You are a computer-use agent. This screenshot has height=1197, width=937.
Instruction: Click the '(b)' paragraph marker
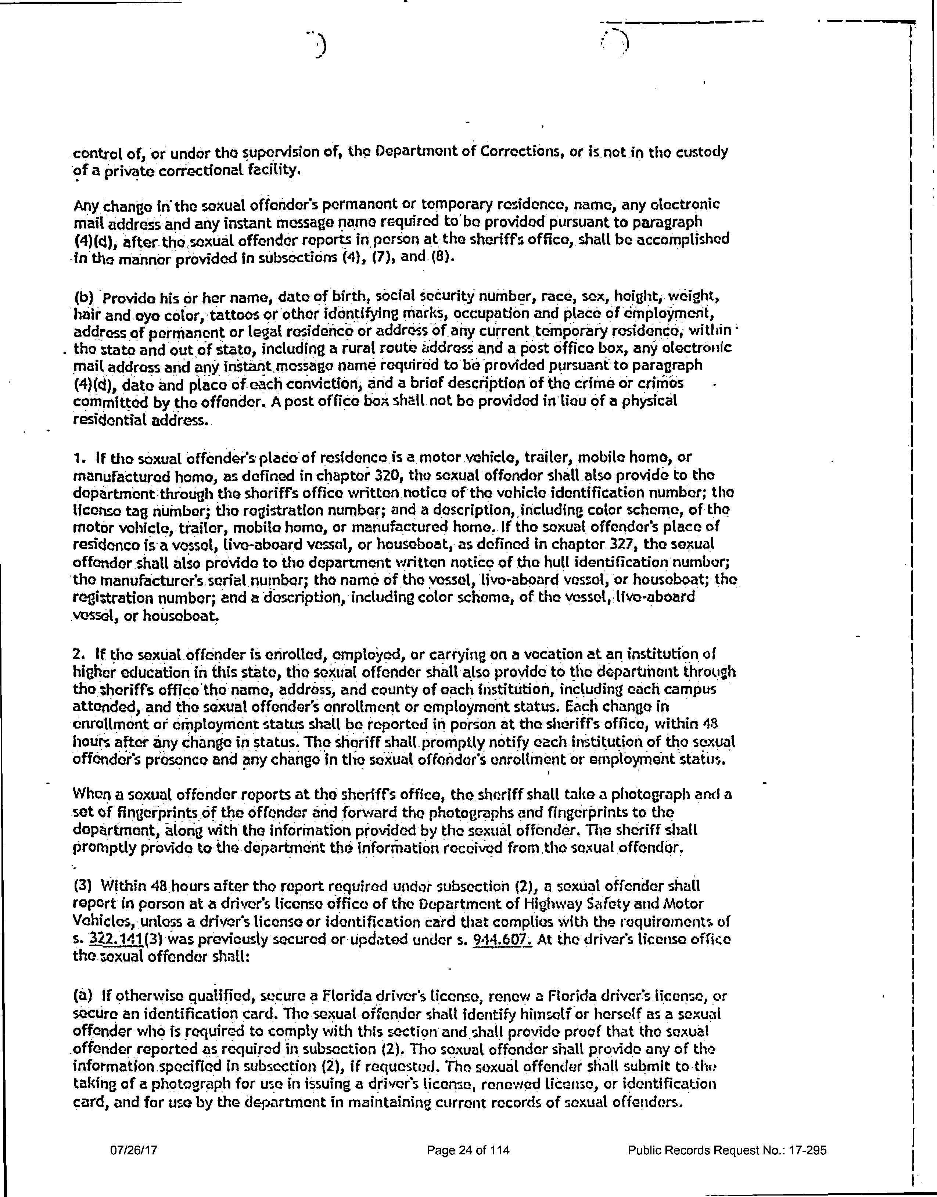pos(85,297)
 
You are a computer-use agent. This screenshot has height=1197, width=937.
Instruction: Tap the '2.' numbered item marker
pos(79,654)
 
